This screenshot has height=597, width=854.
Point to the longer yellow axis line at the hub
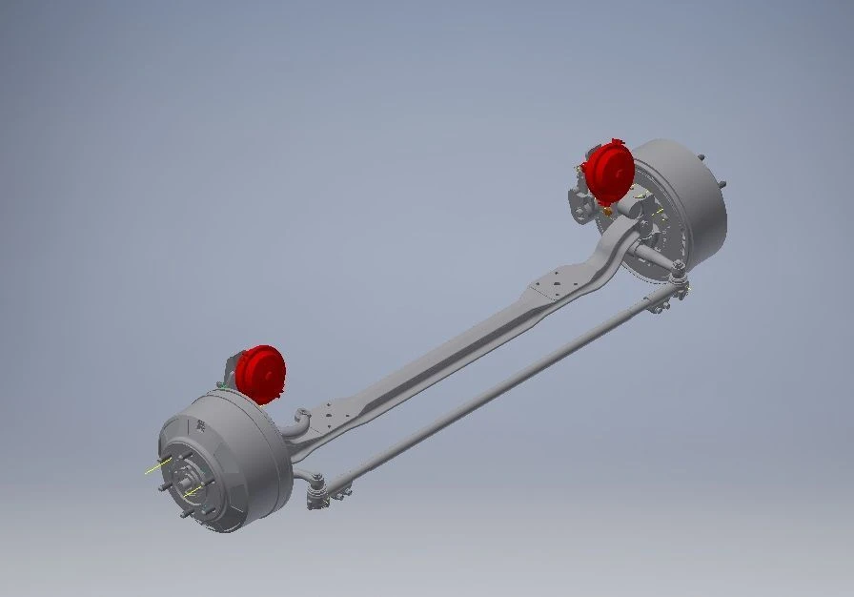coord(157,466)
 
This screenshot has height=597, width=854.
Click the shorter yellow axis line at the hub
coord(194,491)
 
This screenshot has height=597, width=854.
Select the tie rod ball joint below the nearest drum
coord(316,494)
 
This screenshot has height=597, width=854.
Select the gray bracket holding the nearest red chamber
coord(232,367)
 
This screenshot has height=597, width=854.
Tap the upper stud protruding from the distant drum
coord(702,157)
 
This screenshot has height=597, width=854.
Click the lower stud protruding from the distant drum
coord(723,184)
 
